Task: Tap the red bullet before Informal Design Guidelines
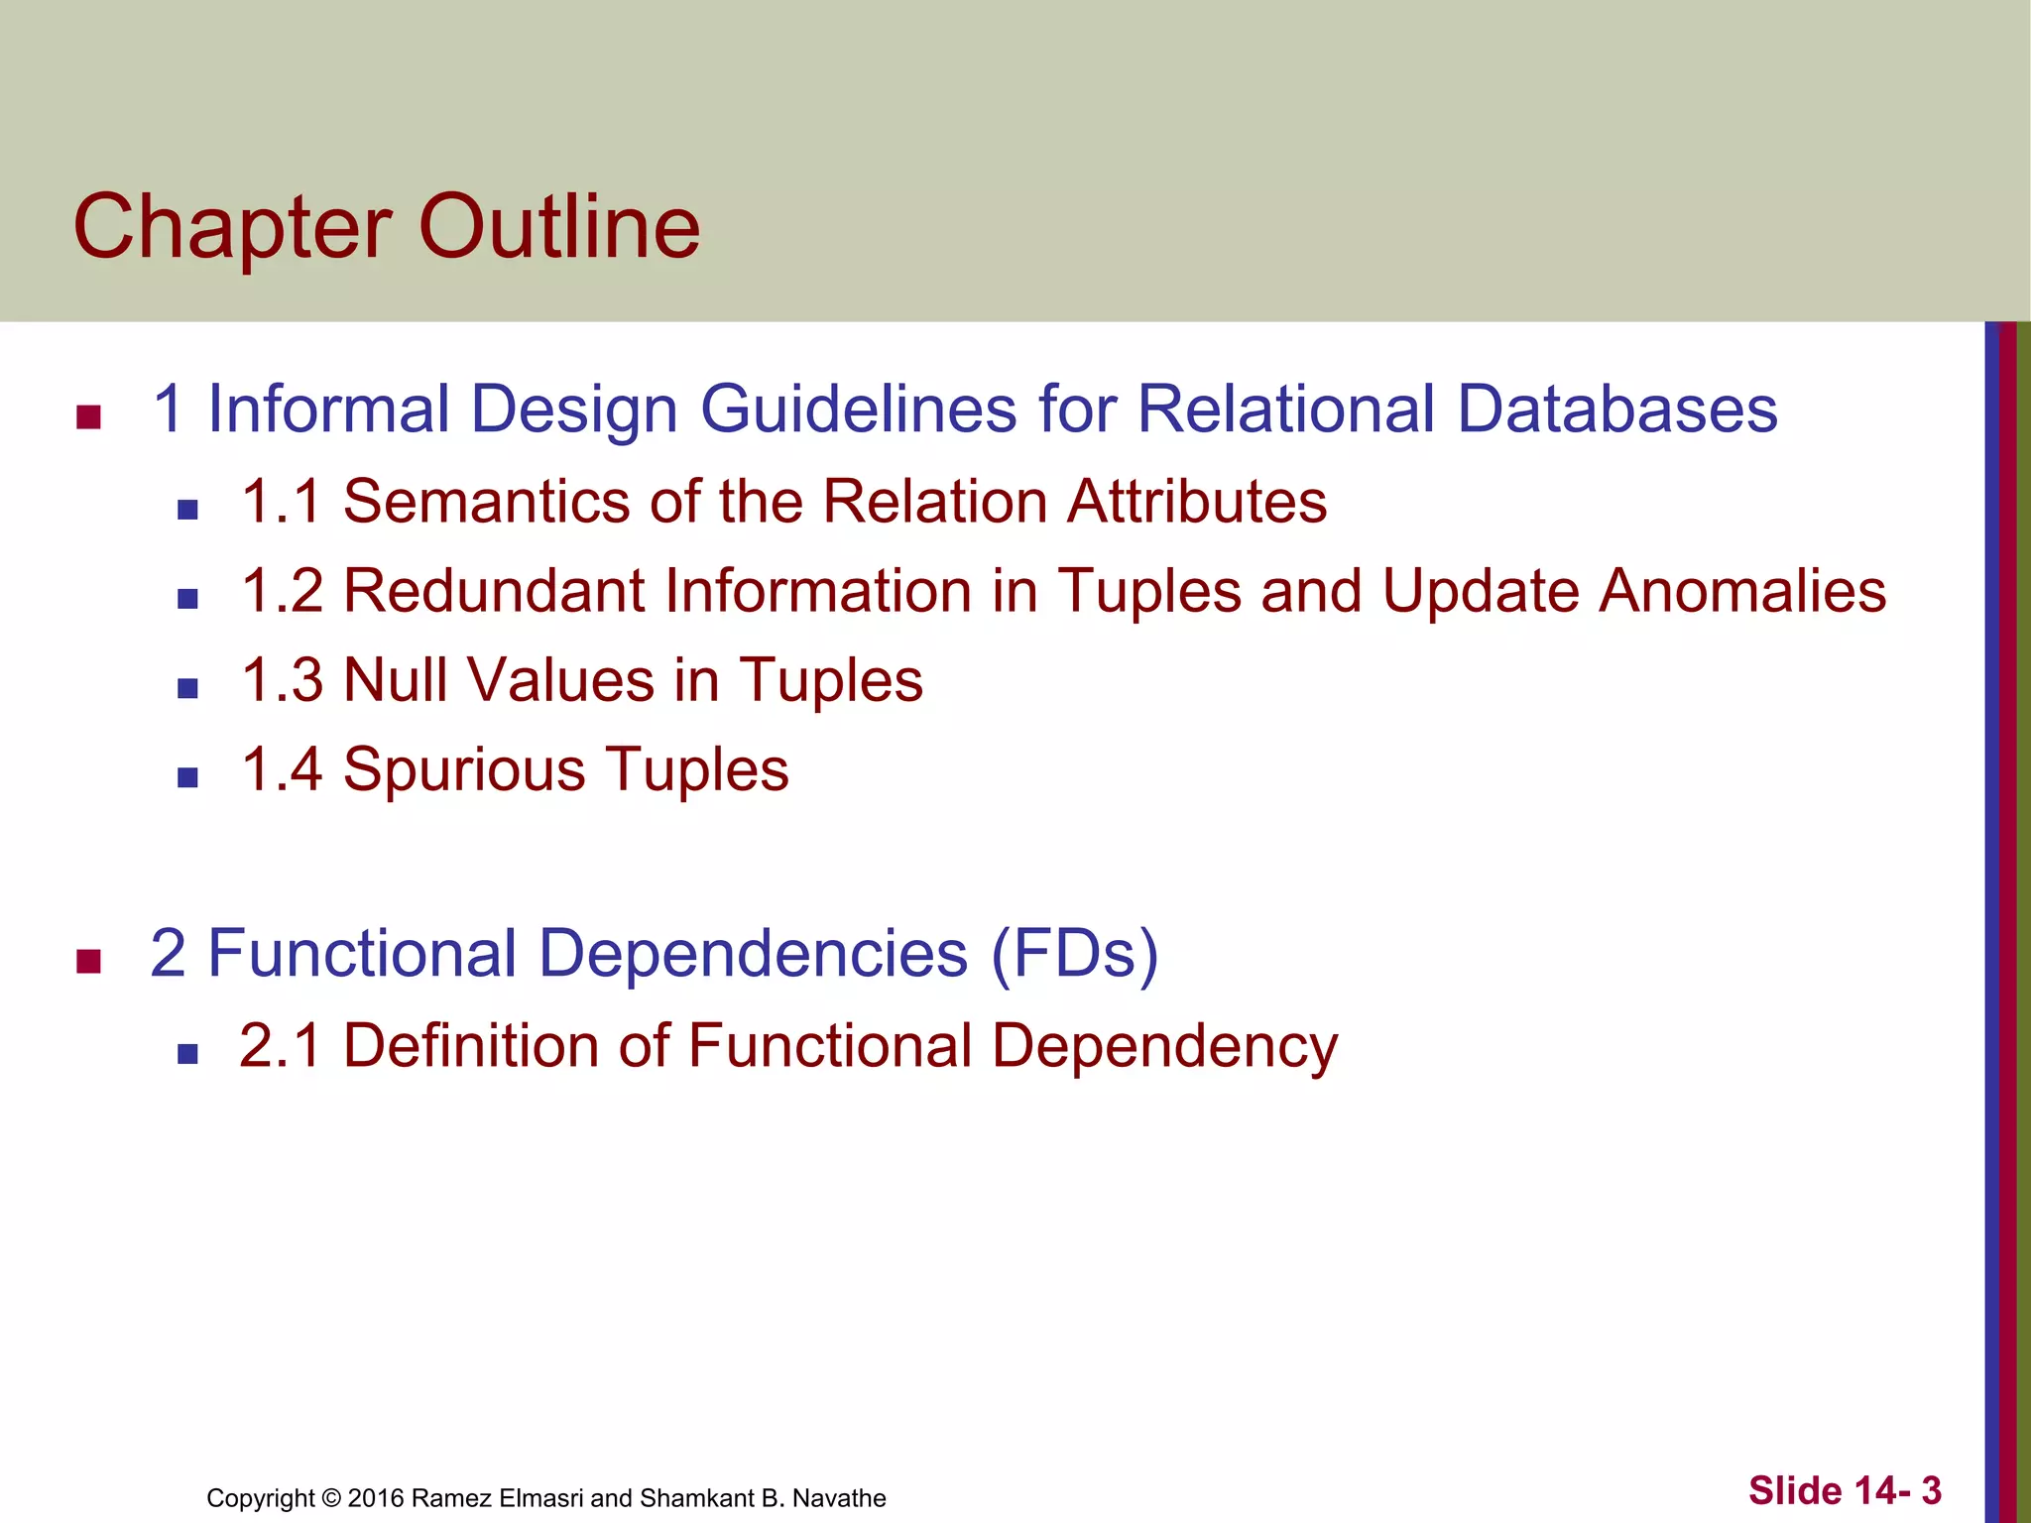[89, 417]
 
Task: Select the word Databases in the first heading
[1617, 409]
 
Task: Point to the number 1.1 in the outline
[282, 501]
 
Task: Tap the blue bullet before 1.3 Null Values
[187, 688]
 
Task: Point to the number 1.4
[282, 769]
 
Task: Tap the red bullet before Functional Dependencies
[89, 962]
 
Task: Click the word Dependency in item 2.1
[1164, 1048]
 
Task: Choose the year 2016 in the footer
[375, 1498]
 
